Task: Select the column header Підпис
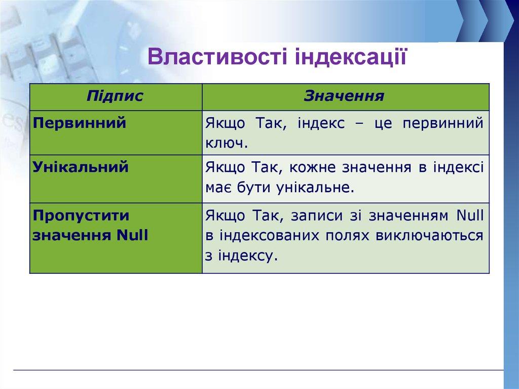point(115,96)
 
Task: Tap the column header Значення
point(344,96)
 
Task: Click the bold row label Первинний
point(80,123)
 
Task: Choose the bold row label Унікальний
point(81,167)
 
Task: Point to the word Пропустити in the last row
point(81,216)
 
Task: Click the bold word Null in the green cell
point(132,235)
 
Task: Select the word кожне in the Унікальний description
point(312,167)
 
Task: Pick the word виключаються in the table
point(429,236)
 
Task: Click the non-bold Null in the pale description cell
point(470,216)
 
